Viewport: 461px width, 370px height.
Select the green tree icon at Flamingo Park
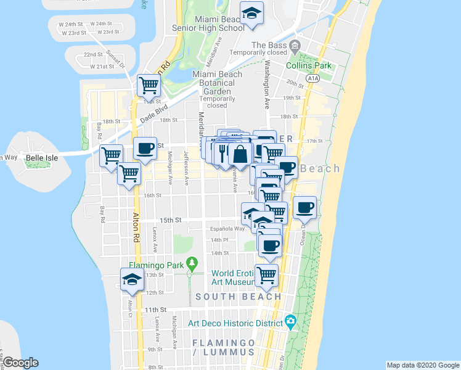coord(192,264)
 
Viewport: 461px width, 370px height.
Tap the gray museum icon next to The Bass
coord(295,45)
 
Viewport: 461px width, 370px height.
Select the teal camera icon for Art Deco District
coord(290,321)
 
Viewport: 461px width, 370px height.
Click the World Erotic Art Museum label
coord(232,277)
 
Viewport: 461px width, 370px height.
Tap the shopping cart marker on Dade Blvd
coord(149,85)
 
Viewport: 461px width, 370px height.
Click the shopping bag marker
coord(240,154)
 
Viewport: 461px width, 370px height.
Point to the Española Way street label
coord(228,229)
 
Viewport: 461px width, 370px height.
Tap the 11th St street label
coord(155,309)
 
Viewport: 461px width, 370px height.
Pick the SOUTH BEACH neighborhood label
coord(239,297)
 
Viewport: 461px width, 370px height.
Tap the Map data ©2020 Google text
coord(423,365)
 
